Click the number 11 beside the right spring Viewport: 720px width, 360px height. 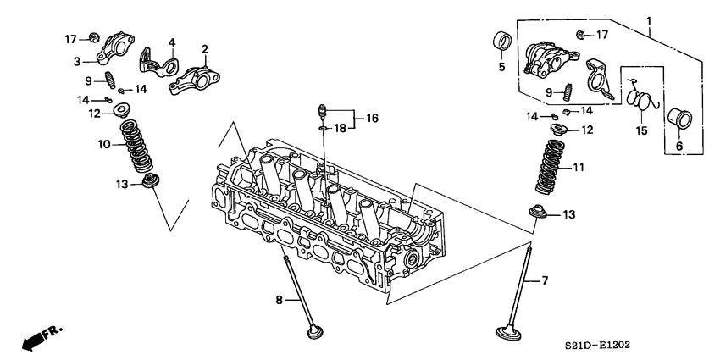point(578,168)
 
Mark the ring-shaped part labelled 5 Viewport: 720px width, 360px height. point(501,42)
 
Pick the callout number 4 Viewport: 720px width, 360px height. point(171,42)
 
